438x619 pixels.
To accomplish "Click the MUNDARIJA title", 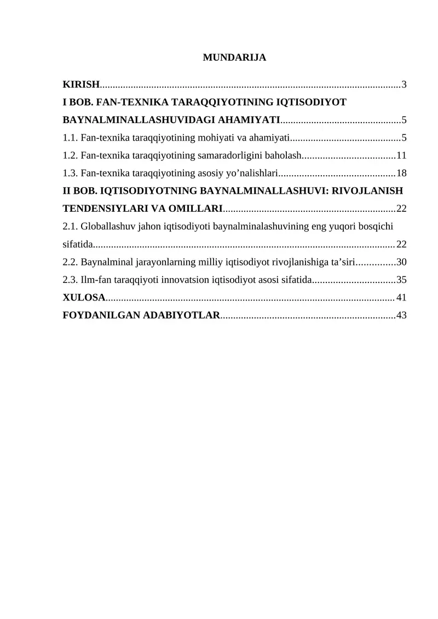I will (234, 57).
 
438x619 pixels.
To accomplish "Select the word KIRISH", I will (81, 84).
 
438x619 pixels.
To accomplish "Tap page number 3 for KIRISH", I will (404, 84).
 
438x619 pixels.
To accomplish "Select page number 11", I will (401, 155).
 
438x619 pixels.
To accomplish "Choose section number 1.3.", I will (70, 173).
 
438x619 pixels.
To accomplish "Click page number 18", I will (401, 173).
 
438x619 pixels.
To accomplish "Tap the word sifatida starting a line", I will (77, 244).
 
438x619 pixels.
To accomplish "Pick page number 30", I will (401, 262).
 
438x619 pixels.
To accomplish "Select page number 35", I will (401, 280).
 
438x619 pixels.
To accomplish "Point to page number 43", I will (401, 315).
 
